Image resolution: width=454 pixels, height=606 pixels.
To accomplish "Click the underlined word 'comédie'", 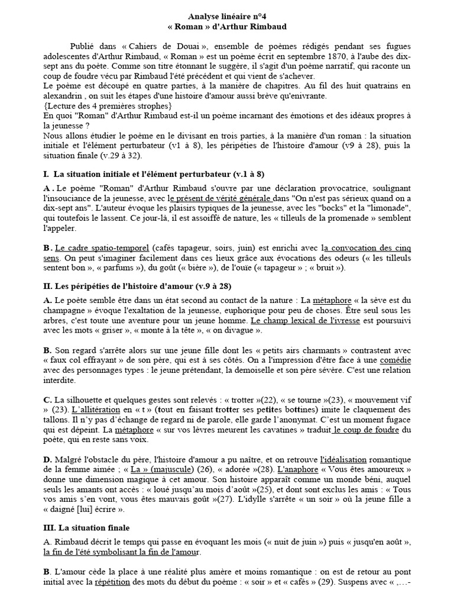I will (x=395, y=359).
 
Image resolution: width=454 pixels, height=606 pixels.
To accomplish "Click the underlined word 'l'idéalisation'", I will (x=343, y=459).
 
